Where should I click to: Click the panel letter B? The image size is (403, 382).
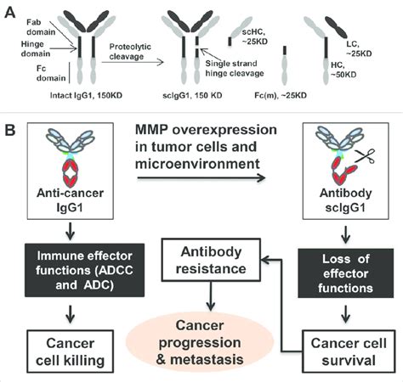10,132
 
